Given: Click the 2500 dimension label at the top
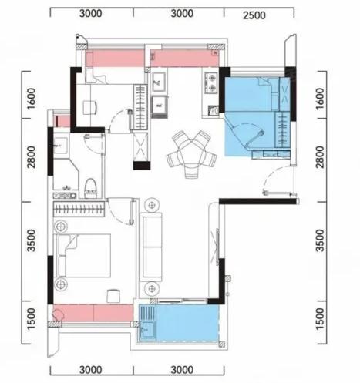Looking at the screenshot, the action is [x=254, y=15].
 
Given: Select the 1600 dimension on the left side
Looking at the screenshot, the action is [x=32, y=99].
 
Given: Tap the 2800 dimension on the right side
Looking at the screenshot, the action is [x=320, y=157].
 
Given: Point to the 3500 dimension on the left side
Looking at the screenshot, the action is [x=32, y=240].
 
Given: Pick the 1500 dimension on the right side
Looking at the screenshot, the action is [x=320, y=319].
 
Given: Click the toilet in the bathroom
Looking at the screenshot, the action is [x=90, y=189].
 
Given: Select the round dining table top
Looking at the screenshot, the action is [x=191, y=153].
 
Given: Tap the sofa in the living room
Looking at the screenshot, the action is [x=151, y=247].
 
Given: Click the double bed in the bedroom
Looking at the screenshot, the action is [x=82, y=255].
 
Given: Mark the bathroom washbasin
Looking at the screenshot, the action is [x=61, y=146].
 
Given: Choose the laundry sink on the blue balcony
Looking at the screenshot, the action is [x=147, y=330].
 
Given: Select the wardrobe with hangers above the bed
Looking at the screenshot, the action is [x=79, y=209].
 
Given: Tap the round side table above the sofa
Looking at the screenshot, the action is [x=152, y=205].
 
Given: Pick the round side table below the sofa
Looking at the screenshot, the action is [x=152, y=289].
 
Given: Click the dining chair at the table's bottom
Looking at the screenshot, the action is [x=192, y=171].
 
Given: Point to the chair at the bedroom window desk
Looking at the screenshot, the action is [x=113, y=296].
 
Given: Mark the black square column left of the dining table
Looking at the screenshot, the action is [x=142, y=166].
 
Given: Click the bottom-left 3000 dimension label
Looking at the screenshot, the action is [x=90, y=370].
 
